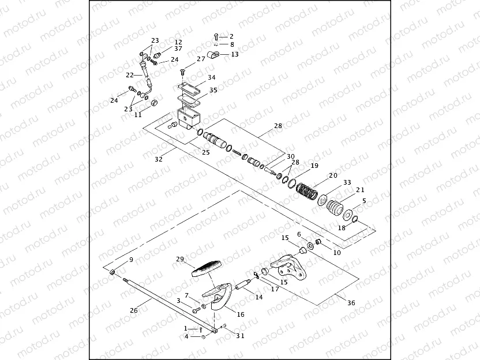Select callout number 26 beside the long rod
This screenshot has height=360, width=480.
pos(134,310)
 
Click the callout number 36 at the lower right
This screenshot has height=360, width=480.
pos(351,301)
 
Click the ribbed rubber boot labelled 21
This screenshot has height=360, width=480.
pos(333,207)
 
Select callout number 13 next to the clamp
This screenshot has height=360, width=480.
pos(234,54)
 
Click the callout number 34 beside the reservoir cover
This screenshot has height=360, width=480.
pos(212,77)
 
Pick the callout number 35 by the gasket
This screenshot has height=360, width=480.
pos(213,90)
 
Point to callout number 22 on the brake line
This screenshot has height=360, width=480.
pos(130,74)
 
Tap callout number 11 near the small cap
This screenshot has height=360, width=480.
pos(138,115)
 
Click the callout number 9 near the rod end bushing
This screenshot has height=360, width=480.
pos(131,260)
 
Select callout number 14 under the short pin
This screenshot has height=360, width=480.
pos(258,297)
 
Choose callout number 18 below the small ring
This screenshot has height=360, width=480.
pos(342,228)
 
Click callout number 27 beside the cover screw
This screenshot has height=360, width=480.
pos(201,59)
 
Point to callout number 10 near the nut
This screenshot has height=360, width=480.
pos(337,252)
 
